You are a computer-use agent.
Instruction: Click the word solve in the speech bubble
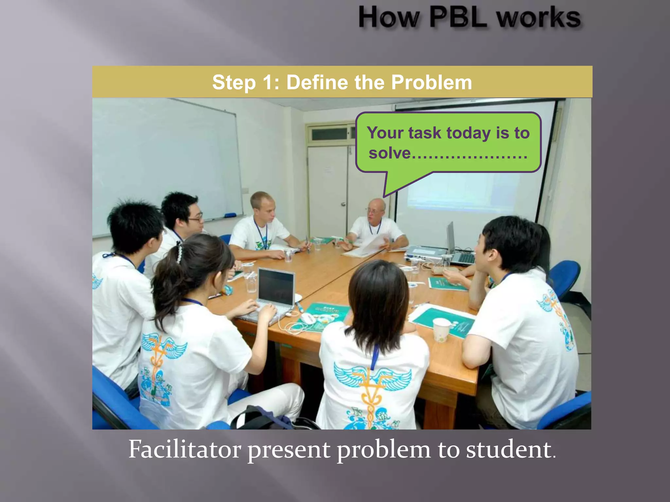click(x=389, y=153)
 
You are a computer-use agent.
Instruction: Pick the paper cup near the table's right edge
click(x=441, y=330)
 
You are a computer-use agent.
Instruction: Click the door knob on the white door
click(x=343, y=204)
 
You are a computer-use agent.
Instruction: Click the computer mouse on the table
click(x=308, y=318)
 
